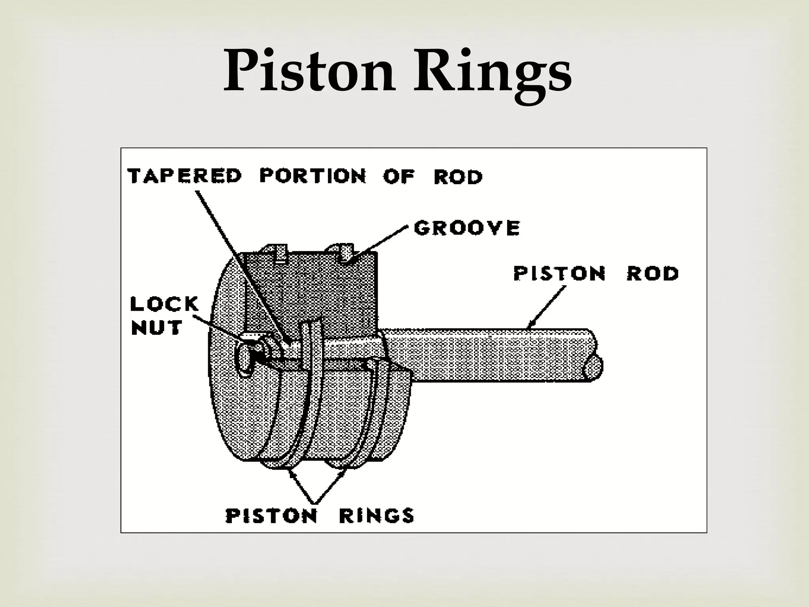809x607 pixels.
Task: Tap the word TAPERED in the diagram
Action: pos(184,176)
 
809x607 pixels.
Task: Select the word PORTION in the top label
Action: pos(312,176)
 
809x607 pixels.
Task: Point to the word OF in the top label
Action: pos(399,177)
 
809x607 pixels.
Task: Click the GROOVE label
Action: pos(467,228)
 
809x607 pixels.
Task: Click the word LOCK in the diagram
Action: pos(164,304)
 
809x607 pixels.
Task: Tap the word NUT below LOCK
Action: pos(156,328)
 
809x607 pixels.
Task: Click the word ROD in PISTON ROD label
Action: pos(653,273)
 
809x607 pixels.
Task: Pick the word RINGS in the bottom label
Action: pos(376,515)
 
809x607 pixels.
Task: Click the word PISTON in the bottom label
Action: pos(271,515)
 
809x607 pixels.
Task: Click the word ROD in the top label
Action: pos(458,177)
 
